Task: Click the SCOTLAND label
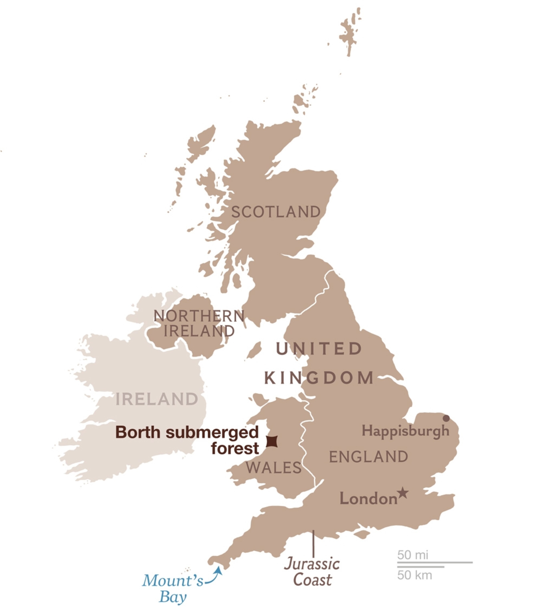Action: [x=276, y=212]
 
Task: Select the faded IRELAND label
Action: [x=157, y=399]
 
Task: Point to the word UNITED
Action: [x=319, y=349]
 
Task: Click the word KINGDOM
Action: [x=319, y=378]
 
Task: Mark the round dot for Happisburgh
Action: [x=446, y=418]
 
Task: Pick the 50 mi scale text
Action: [x=413, y=555]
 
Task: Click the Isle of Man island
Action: [x=254, y=350]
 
